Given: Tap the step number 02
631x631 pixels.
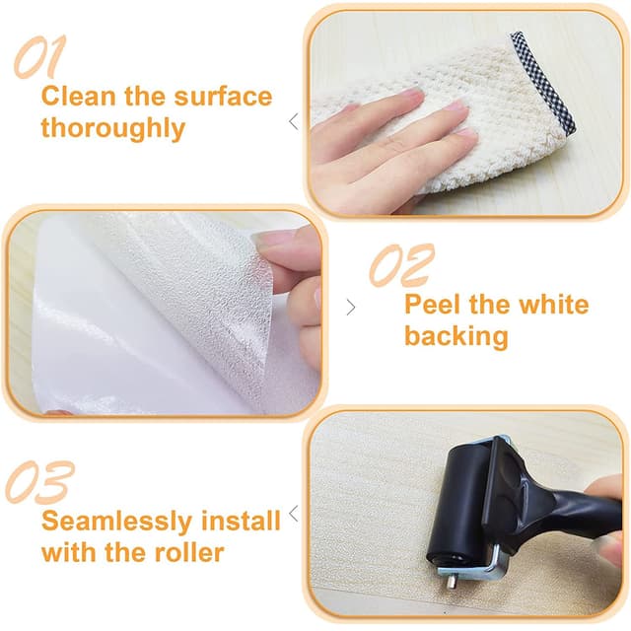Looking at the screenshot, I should click(x=400, y=265).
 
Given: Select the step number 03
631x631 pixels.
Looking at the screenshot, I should click(x=40, y=483).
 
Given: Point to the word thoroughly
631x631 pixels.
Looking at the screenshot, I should click(x=112, y=129).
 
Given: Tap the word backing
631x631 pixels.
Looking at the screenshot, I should click(x=456, y=336).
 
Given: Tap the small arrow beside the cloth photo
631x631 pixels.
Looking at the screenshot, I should click(x=293, y=121).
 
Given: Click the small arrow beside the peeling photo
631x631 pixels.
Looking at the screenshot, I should click(x=351, y=307).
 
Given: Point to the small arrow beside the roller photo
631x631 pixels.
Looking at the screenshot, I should click(x=293, y=516).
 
